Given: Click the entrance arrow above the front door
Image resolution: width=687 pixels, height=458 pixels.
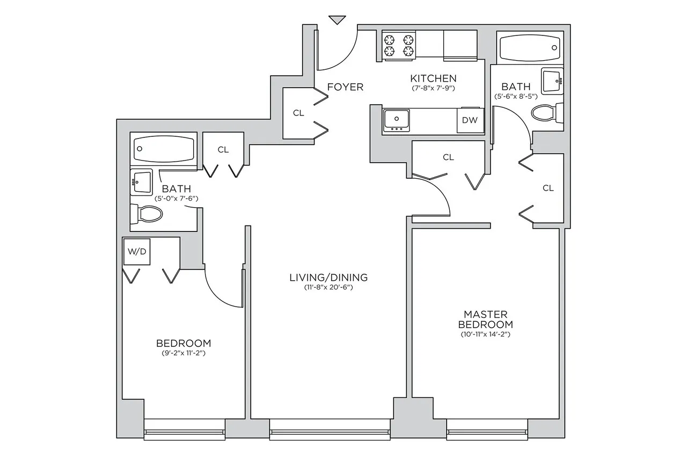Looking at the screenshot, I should pos(337,20).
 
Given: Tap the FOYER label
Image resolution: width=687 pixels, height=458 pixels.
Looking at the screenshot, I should pos(345,87).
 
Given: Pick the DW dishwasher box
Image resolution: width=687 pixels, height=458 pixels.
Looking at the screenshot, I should pos(470,120).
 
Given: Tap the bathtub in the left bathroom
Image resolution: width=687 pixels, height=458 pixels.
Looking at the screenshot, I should pos(164,148).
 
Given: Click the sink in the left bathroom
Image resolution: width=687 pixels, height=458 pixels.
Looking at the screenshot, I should pos(142,182).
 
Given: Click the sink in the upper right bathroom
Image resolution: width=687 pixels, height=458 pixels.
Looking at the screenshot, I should pos(552,81).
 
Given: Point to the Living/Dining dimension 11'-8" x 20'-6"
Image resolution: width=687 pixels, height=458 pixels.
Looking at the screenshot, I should pos(328,288).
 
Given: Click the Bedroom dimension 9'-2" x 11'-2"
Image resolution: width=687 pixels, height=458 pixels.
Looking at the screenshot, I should pos(183,353).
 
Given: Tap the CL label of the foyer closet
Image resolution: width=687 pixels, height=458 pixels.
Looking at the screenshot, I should pos(298,113).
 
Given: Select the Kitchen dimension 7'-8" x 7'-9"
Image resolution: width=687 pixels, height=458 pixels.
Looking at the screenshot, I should pos(433,88).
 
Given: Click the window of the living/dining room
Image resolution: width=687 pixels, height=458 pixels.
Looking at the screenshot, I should pos(328,430).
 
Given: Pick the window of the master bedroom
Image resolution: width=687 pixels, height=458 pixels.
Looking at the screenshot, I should pos(487,430).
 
